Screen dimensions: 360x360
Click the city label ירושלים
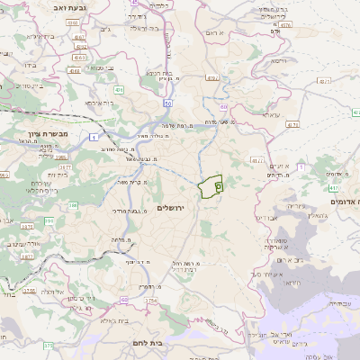click(x=170, y=208)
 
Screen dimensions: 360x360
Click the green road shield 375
click(x=48, y=345)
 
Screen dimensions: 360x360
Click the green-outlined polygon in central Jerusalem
click(x=211, y=186)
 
